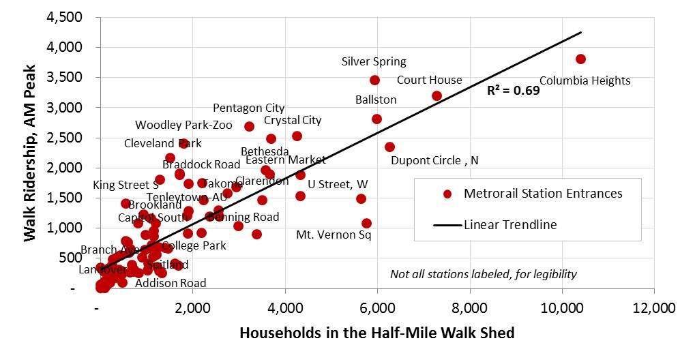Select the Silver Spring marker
tap(374, 80)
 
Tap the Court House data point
tap(437, 95)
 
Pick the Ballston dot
tap(376, 119)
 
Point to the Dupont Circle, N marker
tap(389, 147)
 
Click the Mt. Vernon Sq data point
tap(366, 223)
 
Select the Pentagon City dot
tap(249, 126)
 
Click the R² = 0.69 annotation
tap(513, 89)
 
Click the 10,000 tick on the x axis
tap(562, 307)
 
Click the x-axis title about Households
tap(376, 333)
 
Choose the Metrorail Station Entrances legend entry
tap(542, 194)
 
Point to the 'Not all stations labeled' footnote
tap(483, 274)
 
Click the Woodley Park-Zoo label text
tap(183, 125)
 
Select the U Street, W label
tap(338, 184)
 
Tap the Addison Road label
tap(170, 283)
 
